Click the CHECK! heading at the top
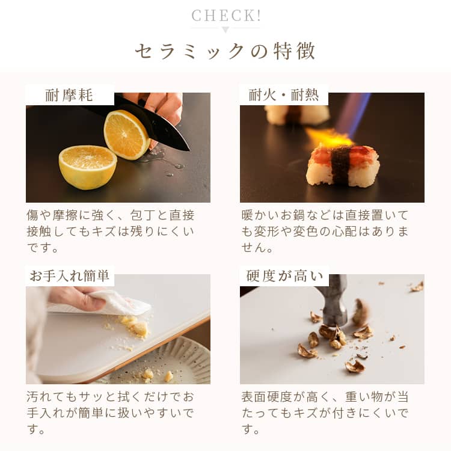pos(226,16)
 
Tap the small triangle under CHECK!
pos(226,30)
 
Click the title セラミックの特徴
pos(226,51)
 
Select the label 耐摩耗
pos(69,95)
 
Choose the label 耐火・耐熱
pos(284,95)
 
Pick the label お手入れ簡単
pos(69,275)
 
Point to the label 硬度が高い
pos(285,276)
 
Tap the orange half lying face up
pos(88,167)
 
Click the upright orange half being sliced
pos(126,135)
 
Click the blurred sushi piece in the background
pos(296,115)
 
